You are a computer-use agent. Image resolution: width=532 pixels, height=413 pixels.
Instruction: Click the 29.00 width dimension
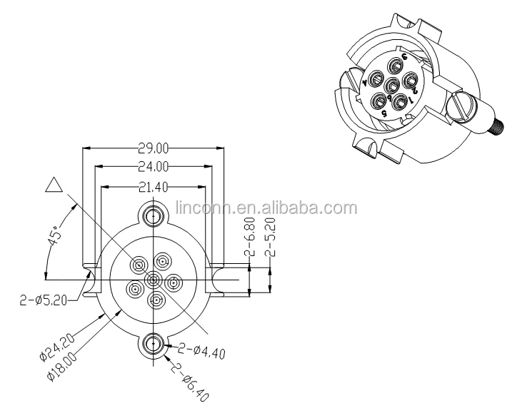pyautogui.click(x=154, y=150)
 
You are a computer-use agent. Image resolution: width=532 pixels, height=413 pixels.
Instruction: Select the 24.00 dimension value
pyautogui.click(x=154, y=168)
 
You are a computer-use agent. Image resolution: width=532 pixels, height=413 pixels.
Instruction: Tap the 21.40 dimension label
pyautogui.click(x=154, y=187)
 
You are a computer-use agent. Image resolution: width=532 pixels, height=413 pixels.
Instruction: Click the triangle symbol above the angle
pyautogui.click(x=54, y=185)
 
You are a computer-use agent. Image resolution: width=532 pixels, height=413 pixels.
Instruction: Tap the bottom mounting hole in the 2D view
pyautogui.click(x=153, y=345)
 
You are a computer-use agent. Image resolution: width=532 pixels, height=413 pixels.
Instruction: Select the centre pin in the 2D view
pyautogui.click(x=154, y=279)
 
